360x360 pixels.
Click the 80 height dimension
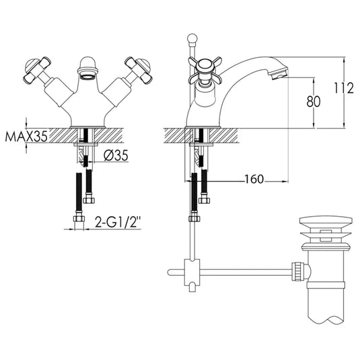pyautogui.click(x=309, y=102)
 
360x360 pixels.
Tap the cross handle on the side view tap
pyautogui.click(x=201, y=69)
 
